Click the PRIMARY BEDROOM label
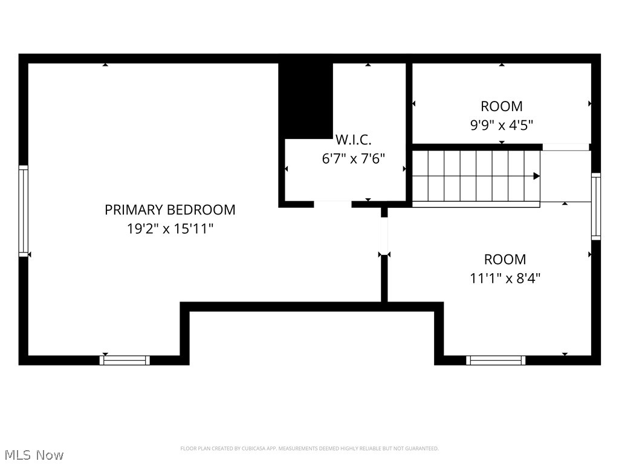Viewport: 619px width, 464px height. [170, 210]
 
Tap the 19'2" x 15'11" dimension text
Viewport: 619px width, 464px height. [170, 228]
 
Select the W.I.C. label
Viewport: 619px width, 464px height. [353, 140]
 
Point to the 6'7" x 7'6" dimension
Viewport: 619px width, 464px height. [353, 159]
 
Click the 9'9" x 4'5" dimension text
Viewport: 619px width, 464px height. [501, 125]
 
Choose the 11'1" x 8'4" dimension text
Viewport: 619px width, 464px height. [505, 278]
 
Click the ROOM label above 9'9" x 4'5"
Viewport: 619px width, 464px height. [501, 106]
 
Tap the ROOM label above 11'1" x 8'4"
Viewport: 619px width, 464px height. [505, 259]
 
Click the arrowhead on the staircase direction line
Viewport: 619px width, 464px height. [537, 176]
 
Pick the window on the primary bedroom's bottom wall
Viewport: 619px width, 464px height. [125, 360]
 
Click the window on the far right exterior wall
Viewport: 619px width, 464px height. [595, 207]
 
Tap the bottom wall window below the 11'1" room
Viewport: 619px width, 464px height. [496, 360]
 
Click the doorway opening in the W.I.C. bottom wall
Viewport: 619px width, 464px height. [333, 204]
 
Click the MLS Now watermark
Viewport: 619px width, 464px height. [34, 455]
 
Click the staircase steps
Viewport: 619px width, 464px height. [476, 176]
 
